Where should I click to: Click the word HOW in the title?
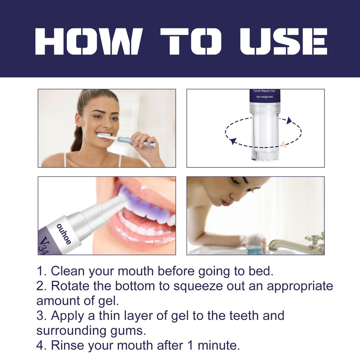click(88, 41)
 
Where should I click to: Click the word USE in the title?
click(284, 41)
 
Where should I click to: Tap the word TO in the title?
click(191, 41)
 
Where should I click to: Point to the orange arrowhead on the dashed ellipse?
click(284, 144)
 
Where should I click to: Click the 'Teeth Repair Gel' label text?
click(264, 91)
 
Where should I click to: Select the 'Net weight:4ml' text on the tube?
click(264, 97)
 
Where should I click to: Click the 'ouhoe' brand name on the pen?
click(64, 234)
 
